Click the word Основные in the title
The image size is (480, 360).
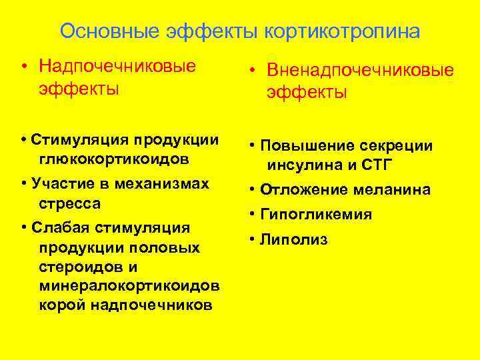pyautogui.click(x=101, y=31)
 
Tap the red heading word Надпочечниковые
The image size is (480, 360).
pyautogui.click(x=117, y=66)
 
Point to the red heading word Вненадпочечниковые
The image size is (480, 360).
pyautogui.click(x=360, y=71)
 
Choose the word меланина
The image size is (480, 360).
pyautogui.click(x=394, y=190)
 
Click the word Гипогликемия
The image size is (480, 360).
pyautogui.click(x=316, y=215)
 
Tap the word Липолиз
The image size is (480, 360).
pyautogui.click(x=293, y=239)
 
